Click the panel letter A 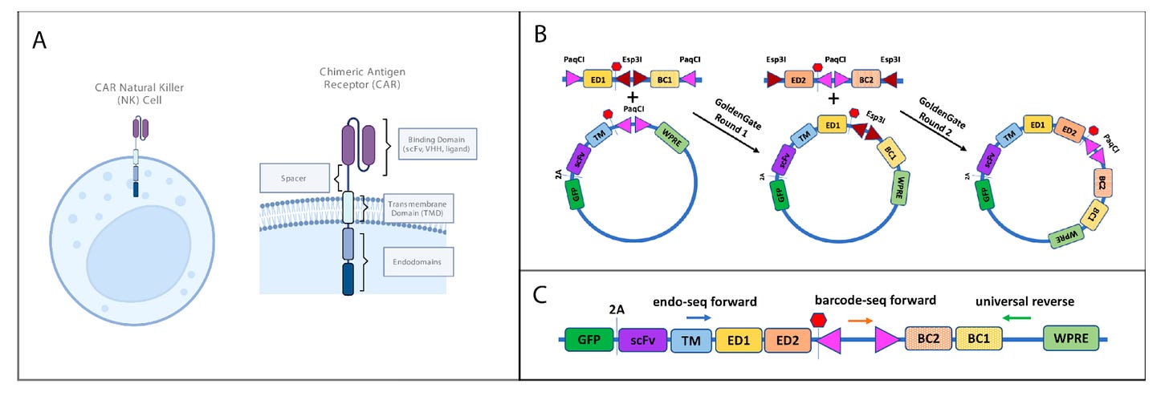(x=39, y=40)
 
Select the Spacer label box (x=295, y=178)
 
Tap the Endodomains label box (x=418, y=261)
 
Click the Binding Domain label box (x=438, y=143)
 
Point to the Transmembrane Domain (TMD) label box (x=418, y=208)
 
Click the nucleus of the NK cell (x=139, y=246)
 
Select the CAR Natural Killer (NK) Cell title (x=140, y=94)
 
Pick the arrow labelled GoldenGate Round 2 (x=933, y=131)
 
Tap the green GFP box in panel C (x=589, y=340)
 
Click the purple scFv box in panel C (x=642, y=340)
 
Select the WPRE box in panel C (x=1071, y=338)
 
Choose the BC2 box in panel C (x=928, y=338)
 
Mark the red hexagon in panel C (x=818, y=320)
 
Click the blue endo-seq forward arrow (x=699, y=317)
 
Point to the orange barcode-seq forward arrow (x=860, y=321)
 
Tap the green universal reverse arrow (x=1016, y=317)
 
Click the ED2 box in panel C (x=788, y=340)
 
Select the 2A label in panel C (x=617, y=309)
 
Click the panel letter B (x=540, y=34)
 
